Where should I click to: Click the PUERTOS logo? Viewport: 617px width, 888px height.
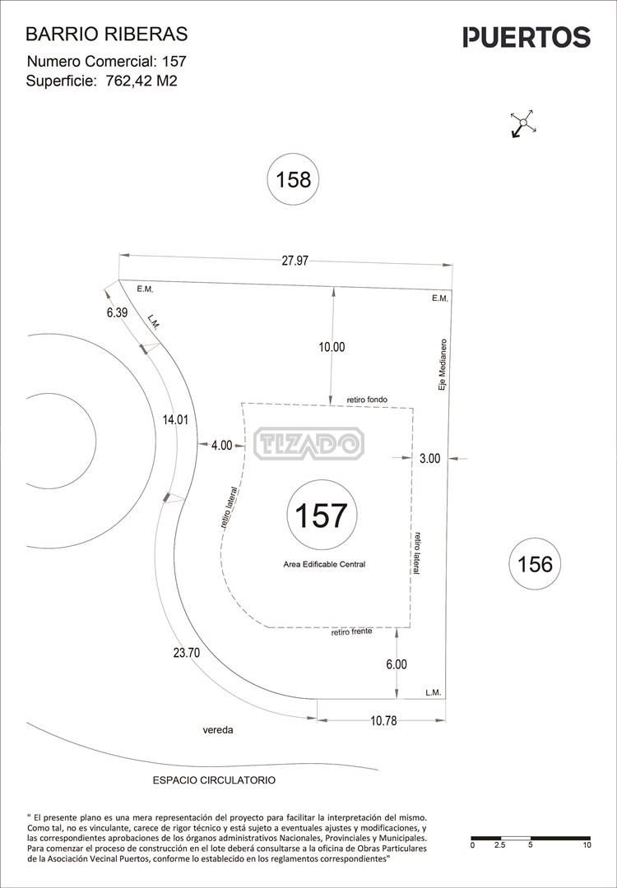pos(527,37)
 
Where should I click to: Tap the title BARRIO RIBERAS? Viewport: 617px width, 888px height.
pos(106,35)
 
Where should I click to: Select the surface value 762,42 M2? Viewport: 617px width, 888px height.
pos(141,81)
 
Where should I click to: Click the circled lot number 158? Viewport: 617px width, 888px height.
pos(293,179)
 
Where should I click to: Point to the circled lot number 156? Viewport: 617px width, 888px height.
pos(535,564)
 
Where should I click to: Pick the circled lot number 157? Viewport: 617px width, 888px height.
pos(321,516)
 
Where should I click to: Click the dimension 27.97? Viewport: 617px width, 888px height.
pos(295,261)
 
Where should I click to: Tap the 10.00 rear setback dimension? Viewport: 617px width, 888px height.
pos(332,347)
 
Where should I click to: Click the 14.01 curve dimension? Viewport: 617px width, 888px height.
pos(175,420)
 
